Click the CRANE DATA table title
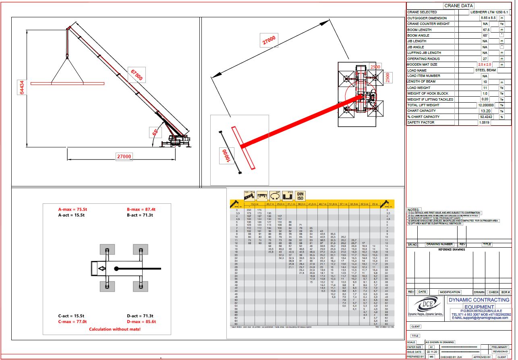459,6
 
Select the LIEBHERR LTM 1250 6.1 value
485,12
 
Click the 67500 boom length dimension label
136,74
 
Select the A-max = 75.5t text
73,209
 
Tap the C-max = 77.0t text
73,322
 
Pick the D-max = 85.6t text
141,322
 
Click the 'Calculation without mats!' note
115,329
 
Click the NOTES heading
414,210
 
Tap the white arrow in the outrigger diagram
99,269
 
